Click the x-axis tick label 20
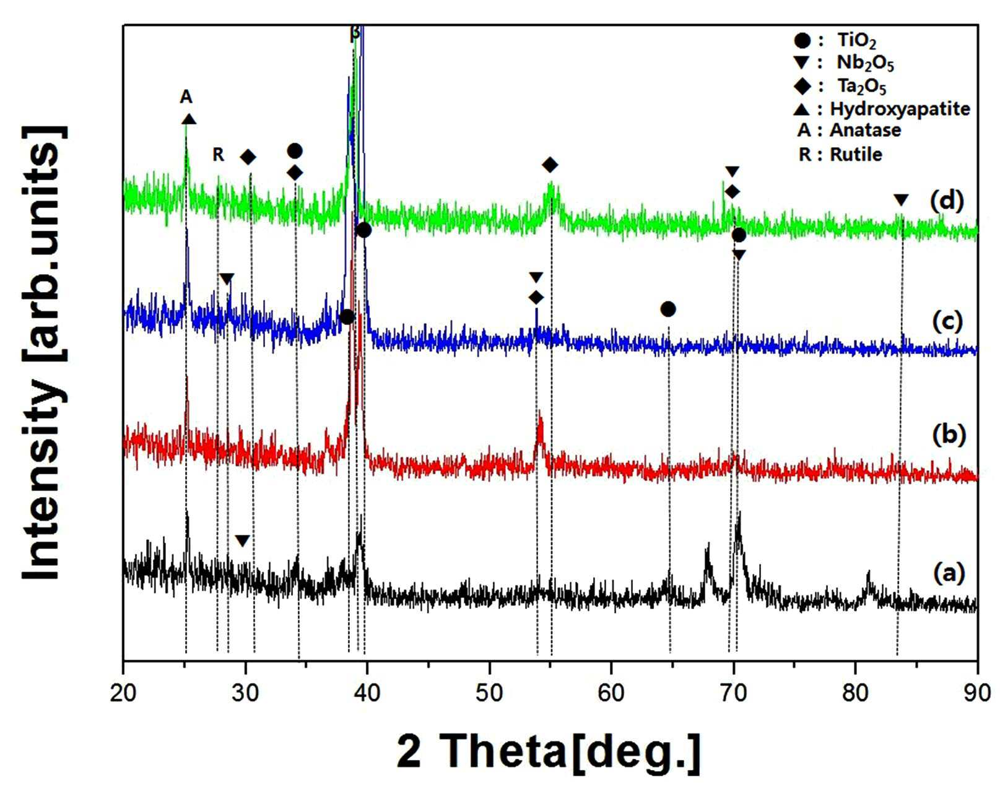pyautogui.click(x=123, y=693)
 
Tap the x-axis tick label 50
pyautogui.click(x=489, y=693)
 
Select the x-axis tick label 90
pyautogui.click(x=977, y=693)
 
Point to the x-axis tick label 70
pyautogui.click(x=733, y=693)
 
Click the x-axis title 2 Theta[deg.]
pyautogui.click(x=549, y=752)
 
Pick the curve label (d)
pyautogui.click(x=947, y=201)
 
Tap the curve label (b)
pyautogui.click(x=947, y=435)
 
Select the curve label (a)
pyautogui.click(x=947, y=573)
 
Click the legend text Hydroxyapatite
pyautogui.click(x=900, y=109)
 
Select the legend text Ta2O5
pyautogui.click(x=862, y=87)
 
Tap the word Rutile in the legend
pyautogui.click(x=856, y=154)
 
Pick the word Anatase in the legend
pyautogui.click(x=865, y=130)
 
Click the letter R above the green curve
pyautogui.click(x=219, y=154)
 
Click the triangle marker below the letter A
pyautogui.click(x=188, y=119)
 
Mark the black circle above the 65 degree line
pyautogui.click(x=667, y=309)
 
